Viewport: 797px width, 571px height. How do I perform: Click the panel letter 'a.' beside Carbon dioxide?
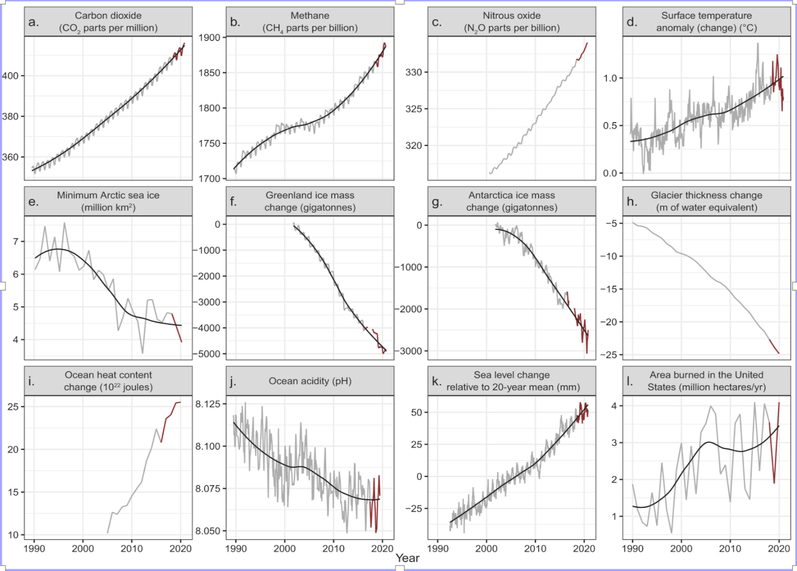coord(33,22)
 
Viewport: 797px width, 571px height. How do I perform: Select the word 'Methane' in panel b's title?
coord(310,15)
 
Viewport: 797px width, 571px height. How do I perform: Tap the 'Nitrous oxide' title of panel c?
coord(512,15)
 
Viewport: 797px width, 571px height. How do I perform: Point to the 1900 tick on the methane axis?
coord(209,37)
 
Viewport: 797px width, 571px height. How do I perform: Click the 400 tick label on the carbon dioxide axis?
coord(10,76)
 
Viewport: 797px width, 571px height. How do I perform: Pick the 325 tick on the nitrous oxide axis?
coord(413,109)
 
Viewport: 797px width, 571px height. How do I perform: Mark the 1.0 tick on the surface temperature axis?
coord(610,78)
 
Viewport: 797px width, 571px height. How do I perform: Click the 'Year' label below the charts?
coord(407,559)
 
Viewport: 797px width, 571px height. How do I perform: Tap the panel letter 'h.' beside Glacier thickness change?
coord(632,201)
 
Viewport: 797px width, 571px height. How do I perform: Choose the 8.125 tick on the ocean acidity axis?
coord(208,404)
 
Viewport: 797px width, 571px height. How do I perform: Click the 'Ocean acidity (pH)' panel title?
coord(310,381)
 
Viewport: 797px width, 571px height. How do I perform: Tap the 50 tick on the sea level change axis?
coord(416,412)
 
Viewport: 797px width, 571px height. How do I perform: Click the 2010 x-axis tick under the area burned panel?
coord(730,549)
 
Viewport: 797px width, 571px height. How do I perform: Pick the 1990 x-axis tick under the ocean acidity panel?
coord(236,549)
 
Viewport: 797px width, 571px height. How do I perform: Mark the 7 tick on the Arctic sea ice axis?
coord(15,242)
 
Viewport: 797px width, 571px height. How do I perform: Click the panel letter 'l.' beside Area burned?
coord(630,381)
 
